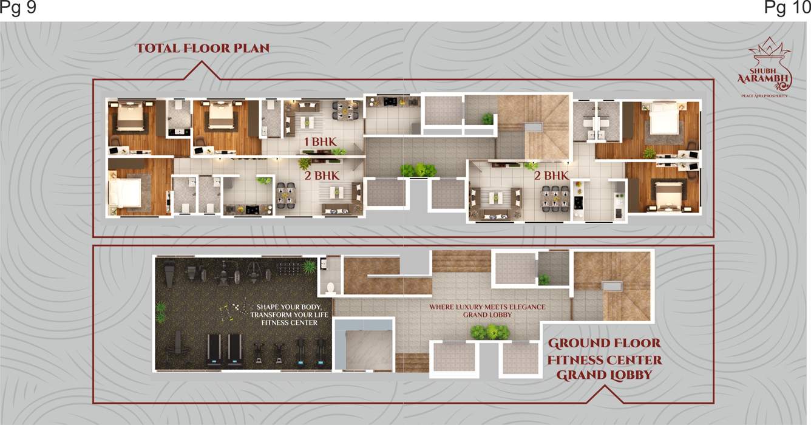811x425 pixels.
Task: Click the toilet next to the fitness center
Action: tap(331, 287)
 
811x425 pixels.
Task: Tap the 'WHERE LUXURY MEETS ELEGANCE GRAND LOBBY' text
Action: tap(487, 311)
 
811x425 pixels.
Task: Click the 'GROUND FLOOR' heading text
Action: tap(604, 344)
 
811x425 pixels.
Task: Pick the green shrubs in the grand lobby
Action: tap(489, 332)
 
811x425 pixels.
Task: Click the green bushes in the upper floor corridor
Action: tap(418, 171)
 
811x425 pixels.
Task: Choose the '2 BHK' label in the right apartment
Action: tap(551, 176)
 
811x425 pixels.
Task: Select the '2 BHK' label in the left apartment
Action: tap(321, 176)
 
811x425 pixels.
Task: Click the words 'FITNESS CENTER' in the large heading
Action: tap(604, 359)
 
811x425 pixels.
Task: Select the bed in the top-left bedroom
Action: tap(131, 117)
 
